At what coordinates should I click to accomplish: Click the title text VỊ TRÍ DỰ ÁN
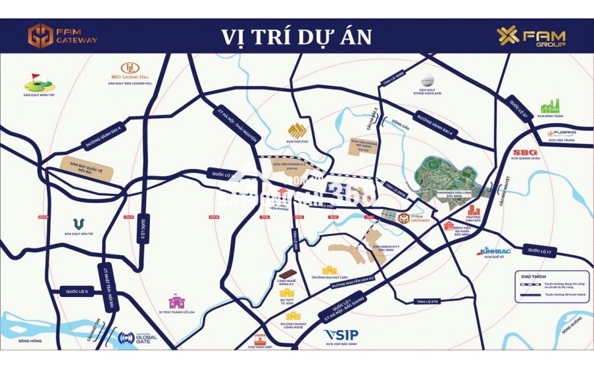point(296,36)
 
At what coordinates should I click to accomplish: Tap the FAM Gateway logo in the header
point(62,35)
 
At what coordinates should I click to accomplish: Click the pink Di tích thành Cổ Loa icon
point(177,302)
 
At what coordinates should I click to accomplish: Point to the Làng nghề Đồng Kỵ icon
point(287,275)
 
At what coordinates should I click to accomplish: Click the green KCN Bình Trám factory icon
point(549,106)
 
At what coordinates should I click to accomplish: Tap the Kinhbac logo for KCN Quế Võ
point(494,251)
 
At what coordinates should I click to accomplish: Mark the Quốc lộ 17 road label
point(542,250)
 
